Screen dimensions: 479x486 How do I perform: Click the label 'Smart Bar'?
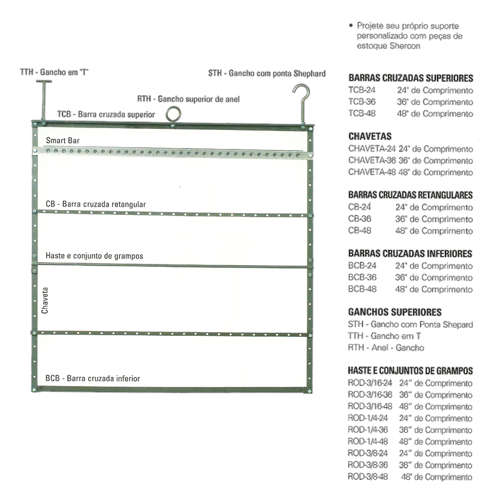point(63,141)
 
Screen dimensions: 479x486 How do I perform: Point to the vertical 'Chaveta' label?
point(45,300)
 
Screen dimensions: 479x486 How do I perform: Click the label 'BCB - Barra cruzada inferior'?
point(93,378)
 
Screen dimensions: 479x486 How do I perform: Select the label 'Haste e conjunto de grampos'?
point(94,256)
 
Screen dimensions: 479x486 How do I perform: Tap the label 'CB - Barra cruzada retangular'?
point(95,204)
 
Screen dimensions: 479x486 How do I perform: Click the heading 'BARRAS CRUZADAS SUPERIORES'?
point(411,78)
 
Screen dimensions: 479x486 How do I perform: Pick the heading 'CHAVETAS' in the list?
point(369,136)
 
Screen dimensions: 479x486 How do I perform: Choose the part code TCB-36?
point(362,102)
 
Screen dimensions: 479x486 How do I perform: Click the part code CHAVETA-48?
point(372,172)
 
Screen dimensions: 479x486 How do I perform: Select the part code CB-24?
point(360,207)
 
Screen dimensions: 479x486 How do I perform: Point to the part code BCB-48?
point(362,289)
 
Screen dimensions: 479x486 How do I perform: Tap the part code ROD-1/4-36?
point(368,430)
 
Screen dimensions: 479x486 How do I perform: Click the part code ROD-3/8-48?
point(368,476)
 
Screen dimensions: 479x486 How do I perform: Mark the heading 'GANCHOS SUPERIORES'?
point(395,312)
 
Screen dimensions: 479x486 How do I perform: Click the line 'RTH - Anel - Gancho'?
point(386,348)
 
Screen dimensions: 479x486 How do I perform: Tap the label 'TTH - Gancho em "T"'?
point(54,72)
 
